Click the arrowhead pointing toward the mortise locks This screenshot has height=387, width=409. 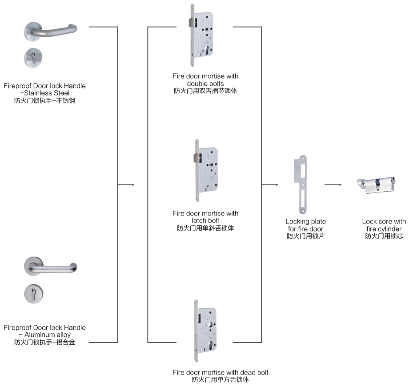[x=132, y=184]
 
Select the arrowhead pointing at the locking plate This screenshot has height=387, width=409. [x=277, y=184]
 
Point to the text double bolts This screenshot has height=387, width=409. [x=205, y=84]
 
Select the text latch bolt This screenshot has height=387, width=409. [x=205, y=220]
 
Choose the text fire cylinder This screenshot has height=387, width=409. [x=384, y=229]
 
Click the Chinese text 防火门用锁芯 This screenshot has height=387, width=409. [x=384, y=236]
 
